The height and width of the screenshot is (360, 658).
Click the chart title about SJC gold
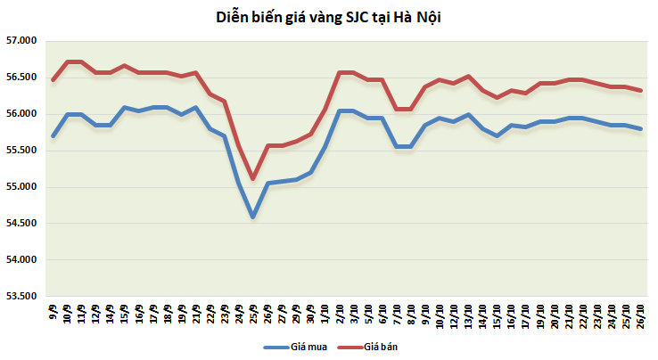point(329,17)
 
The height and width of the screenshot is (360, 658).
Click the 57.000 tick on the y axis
point(21,41)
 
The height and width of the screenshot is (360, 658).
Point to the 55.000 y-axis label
point(21,187)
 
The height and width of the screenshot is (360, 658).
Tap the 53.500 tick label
point(21,296)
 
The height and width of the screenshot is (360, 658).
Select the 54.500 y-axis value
point(21,224)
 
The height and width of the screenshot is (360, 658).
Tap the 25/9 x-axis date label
point(253,314)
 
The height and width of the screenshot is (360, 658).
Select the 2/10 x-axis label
point(341,313)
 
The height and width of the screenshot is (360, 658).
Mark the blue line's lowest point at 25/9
point(253,217)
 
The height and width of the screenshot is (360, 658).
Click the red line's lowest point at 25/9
point(253,179)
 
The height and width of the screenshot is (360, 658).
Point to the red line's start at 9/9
point(53,80)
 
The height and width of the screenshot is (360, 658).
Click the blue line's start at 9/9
point(53,135)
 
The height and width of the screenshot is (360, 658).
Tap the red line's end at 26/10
point(641,90)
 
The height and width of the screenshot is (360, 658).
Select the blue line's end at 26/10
point(641,128)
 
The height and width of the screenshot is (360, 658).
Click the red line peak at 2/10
point(341,72)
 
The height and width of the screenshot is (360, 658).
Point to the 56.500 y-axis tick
point(21,78)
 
